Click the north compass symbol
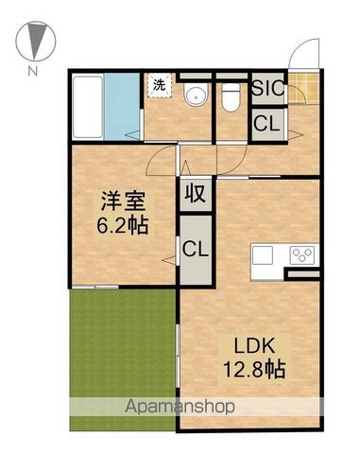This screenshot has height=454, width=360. coord(36,41)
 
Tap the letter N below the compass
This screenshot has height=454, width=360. coord(33,71)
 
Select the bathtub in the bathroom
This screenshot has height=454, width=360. coord(88,107)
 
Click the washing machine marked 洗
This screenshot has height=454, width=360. coord(160,86)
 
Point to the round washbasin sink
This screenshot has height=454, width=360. coord(197,94)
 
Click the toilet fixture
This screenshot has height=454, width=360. coord(231,97)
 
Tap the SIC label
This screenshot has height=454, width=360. coord(268,88)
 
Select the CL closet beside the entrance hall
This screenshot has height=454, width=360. coord(268,124)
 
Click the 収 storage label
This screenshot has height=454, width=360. coord(196,194)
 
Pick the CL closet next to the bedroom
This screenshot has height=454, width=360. coord(196,250)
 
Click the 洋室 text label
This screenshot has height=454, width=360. coord(123,201)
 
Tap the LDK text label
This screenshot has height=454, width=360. coord(254,346)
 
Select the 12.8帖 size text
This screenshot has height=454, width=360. coord(254,369)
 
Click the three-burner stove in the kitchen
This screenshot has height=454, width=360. coord(302,254)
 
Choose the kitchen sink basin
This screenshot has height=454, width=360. coord(263,255)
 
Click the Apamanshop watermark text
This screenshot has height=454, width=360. coord(180,407)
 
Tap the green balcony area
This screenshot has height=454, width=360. coord(122,359)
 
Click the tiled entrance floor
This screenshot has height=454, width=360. coord(303,89)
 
